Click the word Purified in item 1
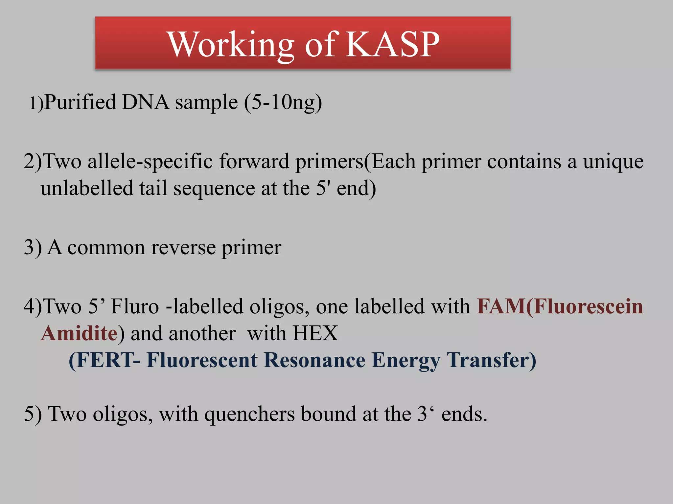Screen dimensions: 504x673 (80, 102)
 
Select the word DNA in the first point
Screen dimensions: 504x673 (145, 102)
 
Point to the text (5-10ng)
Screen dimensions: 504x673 (283, 103)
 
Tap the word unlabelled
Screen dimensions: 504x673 (87, 189)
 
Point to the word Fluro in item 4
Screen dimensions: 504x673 (135, 307)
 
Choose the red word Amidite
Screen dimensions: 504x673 (79, 334)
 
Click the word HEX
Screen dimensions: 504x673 (315, 334)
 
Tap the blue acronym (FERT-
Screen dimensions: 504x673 (104, 361)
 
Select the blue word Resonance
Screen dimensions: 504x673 (314, 361)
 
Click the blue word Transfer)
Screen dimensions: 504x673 (491, 361)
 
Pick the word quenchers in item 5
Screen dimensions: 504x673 (249, 414)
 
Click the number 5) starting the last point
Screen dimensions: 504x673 (33, 414)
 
